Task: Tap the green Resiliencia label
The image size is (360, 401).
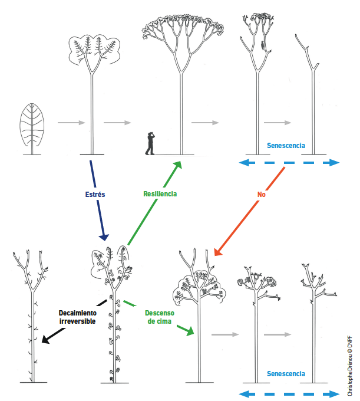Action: [x=160, y=193]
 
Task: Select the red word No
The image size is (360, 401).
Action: [x=261, y=193]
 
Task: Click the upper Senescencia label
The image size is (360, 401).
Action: [x=286, y=145]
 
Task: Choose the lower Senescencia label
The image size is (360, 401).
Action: [x=286, y=374]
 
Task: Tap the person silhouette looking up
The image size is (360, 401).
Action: [x=151, y=143]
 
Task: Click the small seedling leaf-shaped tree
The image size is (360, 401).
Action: [x=31, y=126]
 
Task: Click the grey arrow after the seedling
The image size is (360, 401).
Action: [x=68, y=123]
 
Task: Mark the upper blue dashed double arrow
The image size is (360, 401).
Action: [x=289, y=163]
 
